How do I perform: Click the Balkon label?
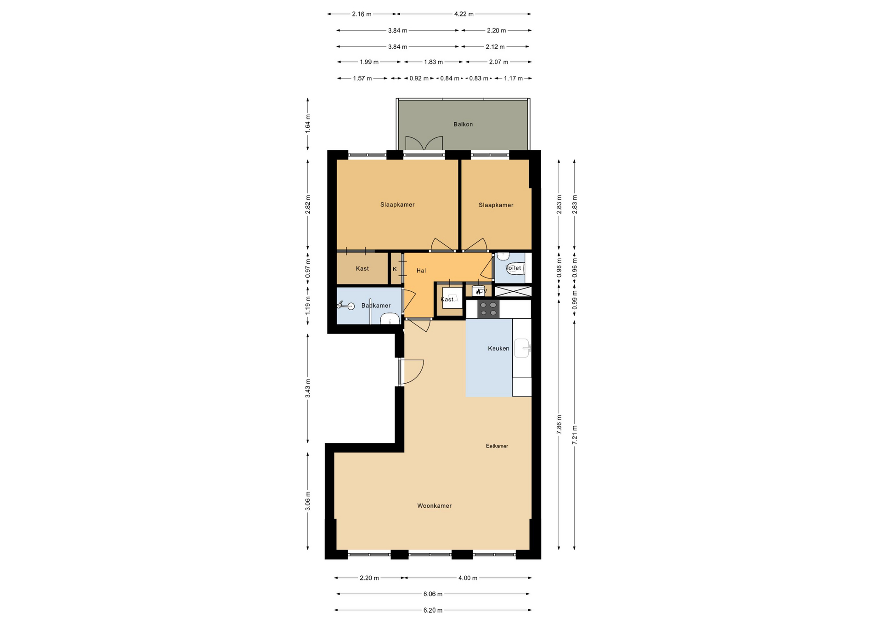pyautogui.click(x=463, y=125)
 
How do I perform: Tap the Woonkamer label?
pyautogui.click(x=435, y=506)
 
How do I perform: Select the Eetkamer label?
pyautogui.click(x=497, y=446)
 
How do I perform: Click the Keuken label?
pyautogui.click(x=498, y=349)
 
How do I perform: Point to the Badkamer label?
pyautogui.click(x=376, y=306)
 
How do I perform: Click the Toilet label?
pyautogui.click(x=514, y=268)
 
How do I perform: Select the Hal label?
pyautogui.click(x=421, y=271)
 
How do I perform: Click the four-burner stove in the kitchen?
pyautogui.click(x=488, y=309)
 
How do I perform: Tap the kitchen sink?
pyautogui.click(x=522, y=348)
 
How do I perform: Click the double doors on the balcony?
pyautogui.click(x=424, y=143)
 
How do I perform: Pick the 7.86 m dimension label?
pyautogui.click(x=559, y=425)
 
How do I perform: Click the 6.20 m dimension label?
pyautogui.click(x=433, y=610)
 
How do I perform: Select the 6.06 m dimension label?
pyautogui.click(x=433, y=594)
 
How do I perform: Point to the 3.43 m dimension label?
pyautogui.click(x=308, y=388)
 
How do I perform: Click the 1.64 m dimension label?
pyautogui.click(x=308, y=124)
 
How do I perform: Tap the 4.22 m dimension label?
pyautogui.click(x=464, y=14)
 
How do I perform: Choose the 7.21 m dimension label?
pyautogui.click(x=575, y=435)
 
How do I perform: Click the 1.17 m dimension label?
pyautogui.click(x=514, y=79)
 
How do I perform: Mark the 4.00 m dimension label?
pyautogui.click(x=468, y=578)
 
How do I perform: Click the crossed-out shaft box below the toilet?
pyautogui.click(x=513, y=291)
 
